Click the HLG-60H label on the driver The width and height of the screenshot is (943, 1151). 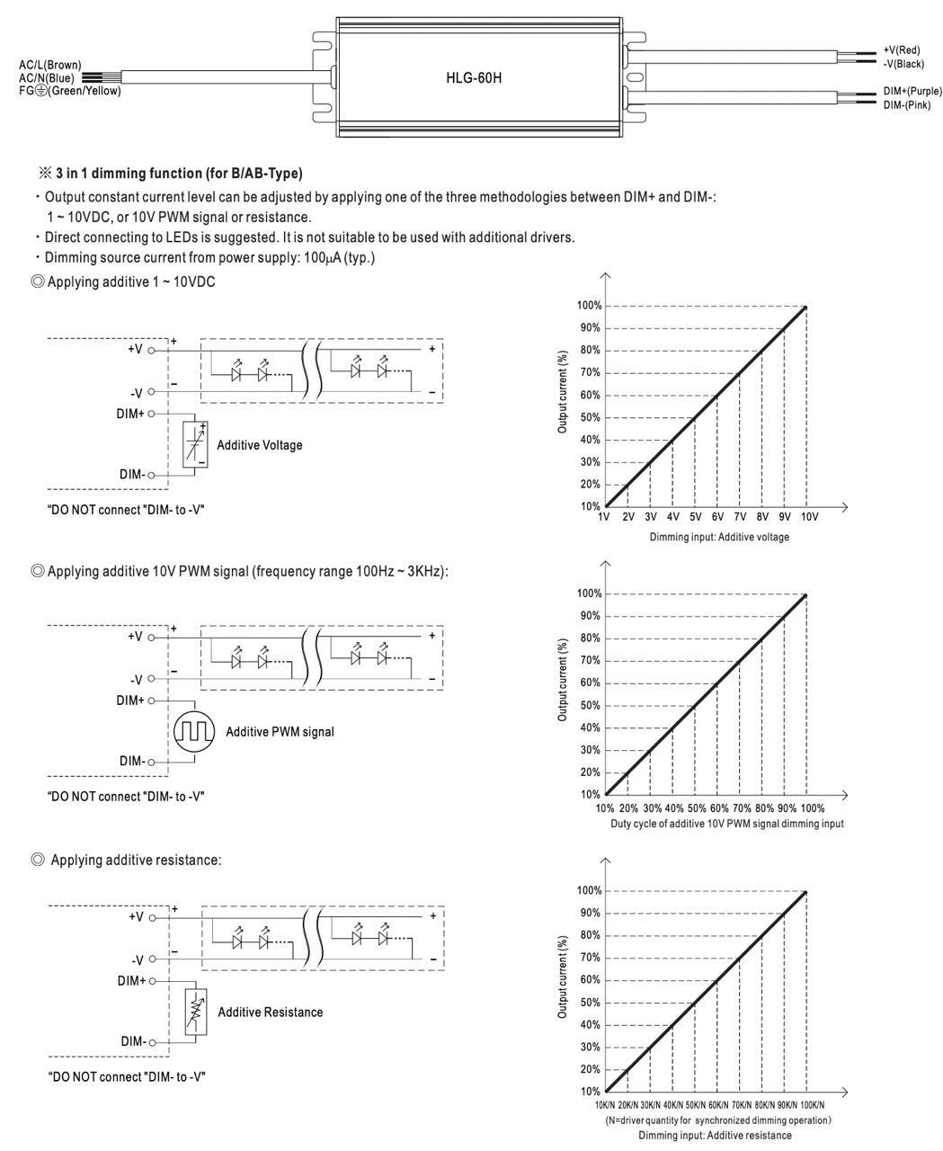pyautogui.click(x=475, y=78)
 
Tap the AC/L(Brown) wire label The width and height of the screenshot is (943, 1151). pyautogui.click(x=49, y=65)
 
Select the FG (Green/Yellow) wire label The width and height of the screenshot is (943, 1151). pyautogui.click(x=69, y=91)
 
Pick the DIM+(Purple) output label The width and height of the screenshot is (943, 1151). pyautogui.click(x=912, y=92)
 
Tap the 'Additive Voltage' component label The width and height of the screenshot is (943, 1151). pyautogui.click(x=259, y=445)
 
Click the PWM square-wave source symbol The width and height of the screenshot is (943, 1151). pyautogui.click(x=194, y=731)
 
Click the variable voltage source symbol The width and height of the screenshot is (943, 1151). pyautogui.click(x=195, y=444)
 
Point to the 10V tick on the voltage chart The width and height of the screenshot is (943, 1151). pyautogui.click(x=809, y=517)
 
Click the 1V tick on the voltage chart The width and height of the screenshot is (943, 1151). pyautogui.click(x=605, y=517)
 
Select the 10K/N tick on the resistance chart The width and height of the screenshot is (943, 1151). pyautogui.click(x=605, y=1105)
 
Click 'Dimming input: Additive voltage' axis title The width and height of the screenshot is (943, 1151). pyautogui.click(x=719, y=537)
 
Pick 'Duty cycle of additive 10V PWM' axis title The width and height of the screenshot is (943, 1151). pyautogui.click(x=726, y=824)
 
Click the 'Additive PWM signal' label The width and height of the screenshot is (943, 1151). pyautogui.click(x=280, y=732)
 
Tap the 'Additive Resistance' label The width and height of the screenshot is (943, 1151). pyautogui.click(x=270, y=1013)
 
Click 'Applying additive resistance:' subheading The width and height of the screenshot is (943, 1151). pyautogui.click(x=135, y=861)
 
